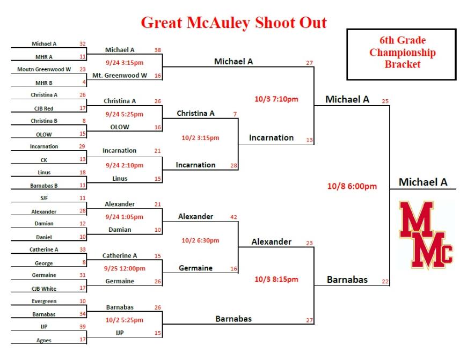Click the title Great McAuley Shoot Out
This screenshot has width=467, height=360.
pos(234,23)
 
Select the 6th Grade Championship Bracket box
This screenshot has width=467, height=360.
pos(402,55)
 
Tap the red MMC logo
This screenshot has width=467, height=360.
pos(426,234)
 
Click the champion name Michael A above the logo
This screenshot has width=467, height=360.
pos(423,182)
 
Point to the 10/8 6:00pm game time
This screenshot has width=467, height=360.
pos(352,186)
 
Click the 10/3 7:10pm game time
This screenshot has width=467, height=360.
pos(276,99)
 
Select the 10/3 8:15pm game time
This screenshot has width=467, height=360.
pos(276,280)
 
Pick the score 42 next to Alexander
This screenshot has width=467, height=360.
pos(234,217)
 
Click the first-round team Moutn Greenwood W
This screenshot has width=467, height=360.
pos(44,69)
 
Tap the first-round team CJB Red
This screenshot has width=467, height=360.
pos(44,108)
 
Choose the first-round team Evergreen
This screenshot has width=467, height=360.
pos(44,301)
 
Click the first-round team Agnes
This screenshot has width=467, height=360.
pos(44,340)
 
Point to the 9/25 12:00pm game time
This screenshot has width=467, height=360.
pos(125,268)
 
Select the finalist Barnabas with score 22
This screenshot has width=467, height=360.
pos(347,280)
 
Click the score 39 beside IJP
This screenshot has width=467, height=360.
pos(83,327)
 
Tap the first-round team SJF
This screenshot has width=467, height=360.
pos(44,198)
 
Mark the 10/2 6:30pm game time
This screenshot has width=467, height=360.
pos(200,240)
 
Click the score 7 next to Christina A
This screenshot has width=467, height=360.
pos(235,114)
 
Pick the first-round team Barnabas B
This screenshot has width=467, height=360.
pos(44,186)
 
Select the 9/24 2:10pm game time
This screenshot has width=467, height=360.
pos(125,165)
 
